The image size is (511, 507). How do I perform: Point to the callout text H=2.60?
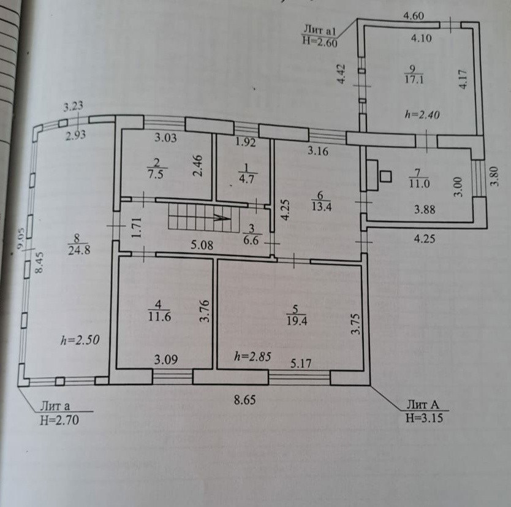pos(319,40)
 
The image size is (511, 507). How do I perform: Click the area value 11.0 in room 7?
pos(419,182)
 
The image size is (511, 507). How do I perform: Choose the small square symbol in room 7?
pos(385,177)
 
